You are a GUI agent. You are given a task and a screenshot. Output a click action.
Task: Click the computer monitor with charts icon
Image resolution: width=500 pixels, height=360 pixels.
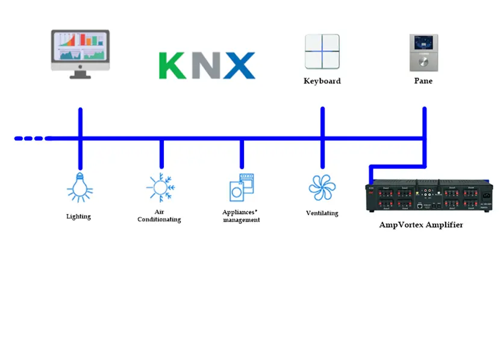(x=80, y=54)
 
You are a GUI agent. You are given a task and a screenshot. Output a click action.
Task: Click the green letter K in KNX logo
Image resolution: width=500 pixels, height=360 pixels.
(x=173, y=66)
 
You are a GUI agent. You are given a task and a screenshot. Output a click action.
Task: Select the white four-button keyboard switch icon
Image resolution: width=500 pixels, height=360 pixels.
(x=322, y=52)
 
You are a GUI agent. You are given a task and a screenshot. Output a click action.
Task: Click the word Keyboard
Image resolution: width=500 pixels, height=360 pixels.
(x=322, y=81)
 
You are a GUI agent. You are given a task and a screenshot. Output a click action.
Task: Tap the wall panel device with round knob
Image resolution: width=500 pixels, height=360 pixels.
(x=423, y=52)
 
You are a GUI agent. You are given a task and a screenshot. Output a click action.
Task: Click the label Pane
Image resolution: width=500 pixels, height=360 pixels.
(x=423, y=81)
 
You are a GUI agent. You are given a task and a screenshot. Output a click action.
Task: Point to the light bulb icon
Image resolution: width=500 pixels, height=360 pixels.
(x=80, y=187)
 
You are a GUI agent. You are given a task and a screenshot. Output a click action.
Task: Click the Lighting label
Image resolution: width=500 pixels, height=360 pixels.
(x=79, y=216)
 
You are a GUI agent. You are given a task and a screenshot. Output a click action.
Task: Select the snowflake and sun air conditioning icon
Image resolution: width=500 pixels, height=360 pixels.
(x=160, y=187)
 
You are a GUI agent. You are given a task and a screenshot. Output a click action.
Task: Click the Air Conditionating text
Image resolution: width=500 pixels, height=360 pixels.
(x=159, y=216)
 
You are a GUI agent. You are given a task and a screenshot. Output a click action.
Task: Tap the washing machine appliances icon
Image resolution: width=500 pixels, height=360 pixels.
(x=242, y=187)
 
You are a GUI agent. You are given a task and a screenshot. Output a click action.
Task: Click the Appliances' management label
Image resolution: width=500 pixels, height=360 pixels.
(x=241, y=216)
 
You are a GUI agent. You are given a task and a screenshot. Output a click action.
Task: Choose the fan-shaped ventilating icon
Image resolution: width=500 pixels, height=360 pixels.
(x=322, y=187)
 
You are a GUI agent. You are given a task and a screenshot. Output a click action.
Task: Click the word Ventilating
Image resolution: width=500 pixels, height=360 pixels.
(x=322, y=213)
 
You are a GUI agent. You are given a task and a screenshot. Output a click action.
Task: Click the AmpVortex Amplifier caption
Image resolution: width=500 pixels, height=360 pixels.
(x=422, y=225)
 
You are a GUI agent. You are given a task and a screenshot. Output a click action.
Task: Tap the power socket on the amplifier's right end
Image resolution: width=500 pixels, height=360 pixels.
(x=486, y=196)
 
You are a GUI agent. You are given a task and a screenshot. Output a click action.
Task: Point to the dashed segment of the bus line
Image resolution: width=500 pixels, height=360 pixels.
(x=30, y=138)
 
